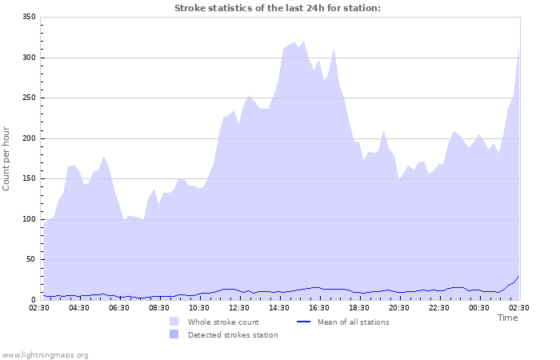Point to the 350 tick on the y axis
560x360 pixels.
coord(28,17)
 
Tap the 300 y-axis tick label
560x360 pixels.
coord(28,58)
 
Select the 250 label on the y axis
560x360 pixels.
coord(28,98)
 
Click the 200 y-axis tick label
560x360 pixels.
coord(28,138)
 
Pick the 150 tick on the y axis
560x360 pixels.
coord(28,178)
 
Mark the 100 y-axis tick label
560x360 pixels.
coord(28,219)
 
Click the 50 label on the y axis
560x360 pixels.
coord(30,259)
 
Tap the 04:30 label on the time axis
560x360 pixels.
coord(79,307)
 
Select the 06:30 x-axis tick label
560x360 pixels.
coord(119,307)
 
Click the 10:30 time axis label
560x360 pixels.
coord(199,307)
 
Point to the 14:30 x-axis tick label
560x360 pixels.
coord(279,307)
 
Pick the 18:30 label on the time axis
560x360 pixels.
coord(359,307)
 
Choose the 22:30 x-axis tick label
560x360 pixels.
coord(439,307)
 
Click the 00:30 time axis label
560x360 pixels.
coord(479,307)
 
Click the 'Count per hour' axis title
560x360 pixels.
coord(7,158)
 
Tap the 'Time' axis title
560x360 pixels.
coord(507,318)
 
